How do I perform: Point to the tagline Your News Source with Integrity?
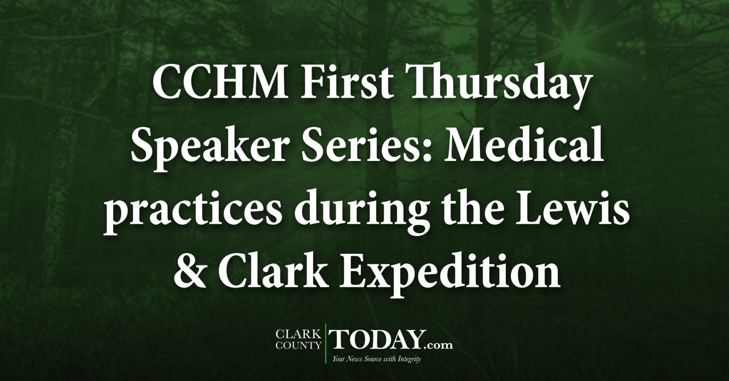tap(376, 359)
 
